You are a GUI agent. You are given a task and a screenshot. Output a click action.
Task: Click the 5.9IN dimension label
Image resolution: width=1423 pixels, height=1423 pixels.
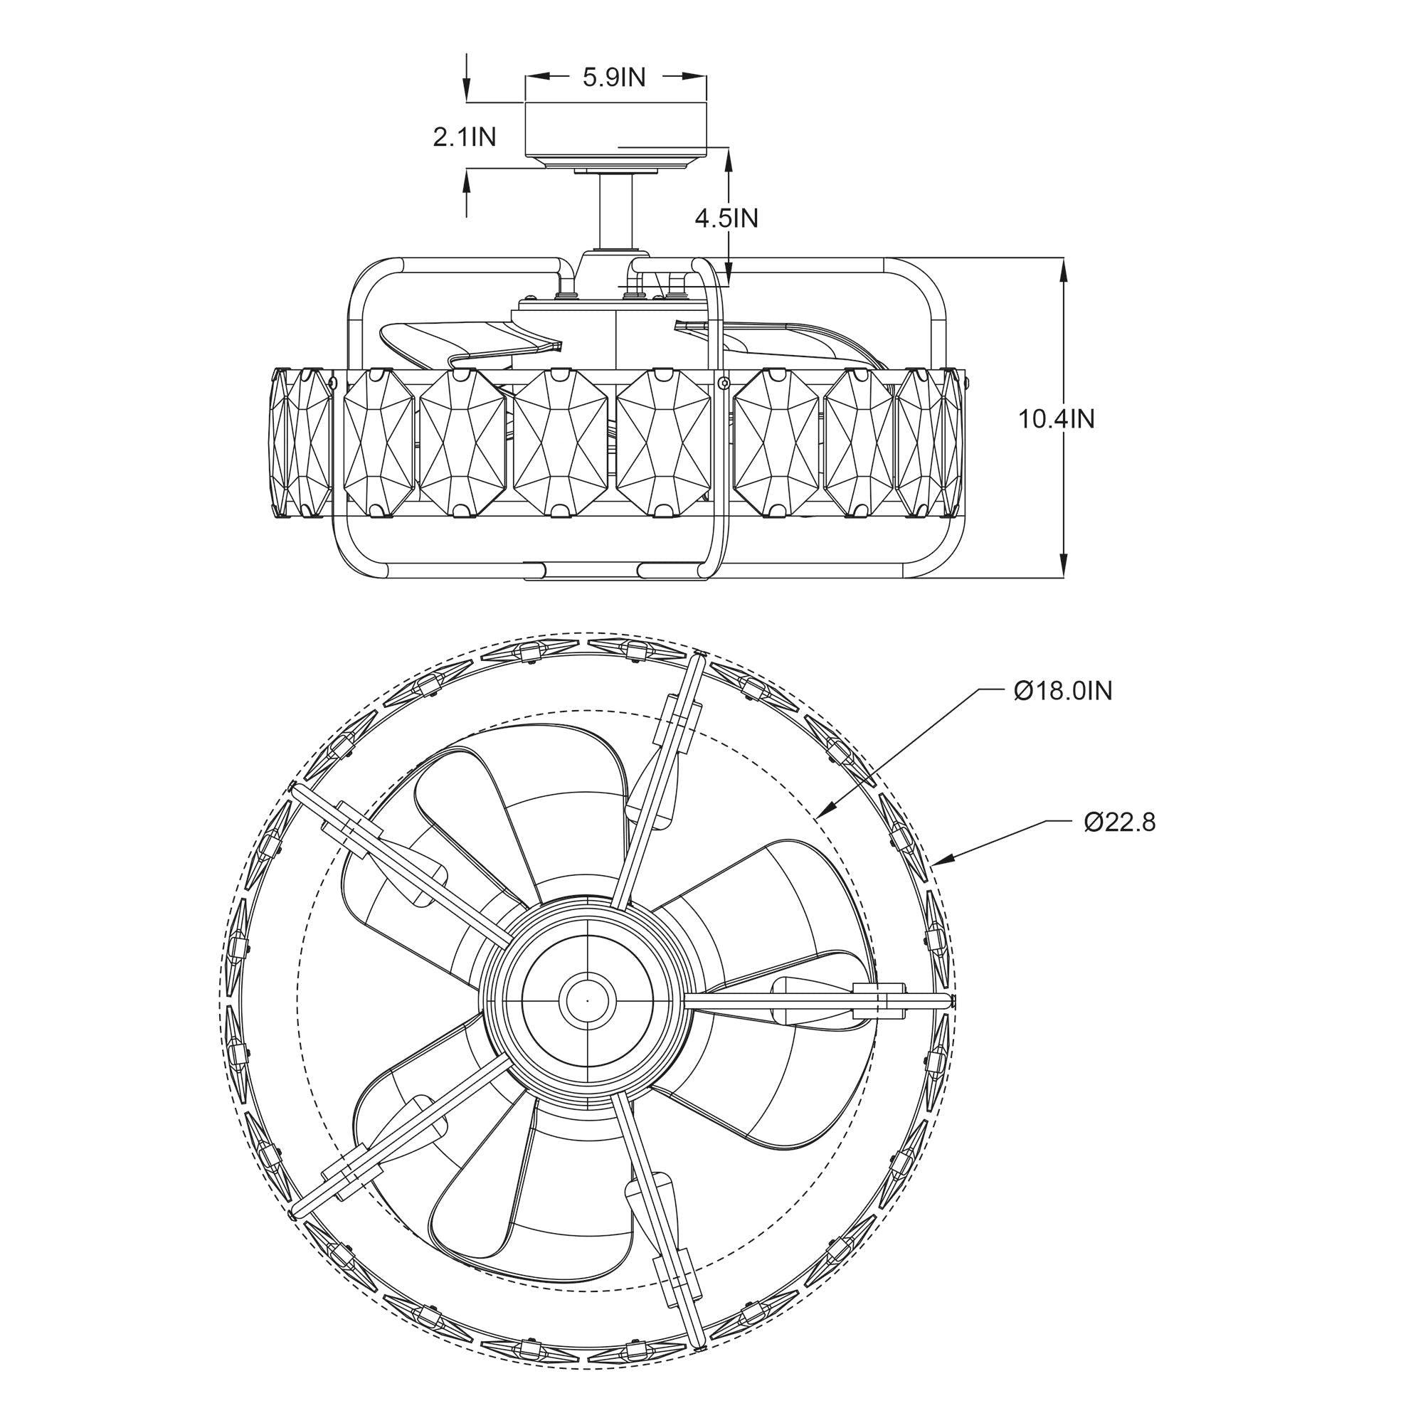pyautogui.click(x=613, y=78)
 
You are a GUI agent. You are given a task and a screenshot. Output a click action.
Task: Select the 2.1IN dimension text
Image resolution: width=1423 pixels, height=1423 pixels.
pyautogui.click(x=464, y=137)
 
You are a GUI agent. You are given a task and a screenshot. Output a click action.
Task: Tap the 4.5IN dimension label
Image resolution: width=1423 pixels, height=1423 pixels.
pyautogui.click(x=726, y=218)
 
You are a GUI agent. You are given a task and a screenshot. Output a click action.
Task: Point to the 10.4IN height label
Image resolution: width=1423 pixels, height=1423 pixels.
pyautogui.click(x=1056, y=419)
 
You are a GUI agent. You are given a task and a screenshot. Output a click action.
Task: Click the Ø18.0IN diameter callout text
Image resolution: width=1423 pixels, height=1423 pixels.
pyautogui.click(x=1063, y=691)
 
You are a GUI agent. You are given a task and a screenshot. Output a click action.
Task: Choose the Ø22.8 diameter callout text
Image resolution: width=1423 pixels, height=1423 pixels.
pyautogui.click(x=1119, y=822)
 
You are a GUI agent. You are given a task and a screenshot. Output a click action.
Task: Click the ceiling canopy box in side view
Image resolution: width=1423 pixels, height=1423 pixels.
pyautogui.click(x=615, y=129)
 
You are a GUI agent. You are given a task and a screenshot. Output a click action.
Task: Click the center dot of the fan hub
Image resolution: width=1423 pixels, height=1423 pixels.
pyautogui.click(x=587, y=1001)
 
